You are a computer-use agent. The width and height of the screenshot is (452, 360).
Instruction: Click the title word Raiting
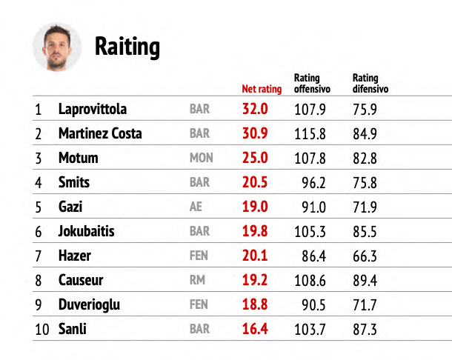pos(127,47)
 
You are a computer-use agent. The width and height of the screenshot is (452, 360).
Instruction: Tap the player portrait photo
pos(57,47)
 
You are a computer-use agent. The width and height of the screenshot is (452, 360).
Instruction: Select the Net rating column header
pos(262,89)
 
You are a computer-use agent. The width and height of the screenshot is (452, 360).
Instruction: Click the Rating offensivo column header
pos(312,83)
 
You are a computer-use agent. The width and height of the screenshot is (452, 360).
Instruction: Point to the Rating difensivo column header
pos(370,83)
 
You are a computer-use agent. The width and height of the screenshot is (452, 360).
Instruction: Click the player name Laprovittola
pos(93,109)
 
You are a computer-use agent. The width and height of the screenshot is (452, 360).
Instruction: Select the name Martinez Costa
pos(100,133)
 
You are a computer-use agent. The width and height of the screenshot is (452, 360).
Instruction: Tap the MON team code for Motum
pos(202,158)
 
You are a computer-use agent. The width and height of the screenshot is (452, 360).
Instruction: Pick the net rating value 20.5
pos(255,182)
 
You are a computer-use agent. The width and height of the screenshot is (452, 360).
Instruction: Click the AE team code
pos(196,207)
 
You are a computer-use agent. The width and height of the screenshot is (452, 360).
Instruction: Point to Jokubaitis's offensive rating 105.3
pos(310,231)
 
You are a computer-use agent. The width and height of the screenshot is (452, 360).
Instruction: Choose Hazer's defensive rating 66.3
pos(365,256)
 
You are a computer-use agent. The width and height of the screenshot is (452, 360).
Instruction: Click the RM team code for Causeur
pos(197,280)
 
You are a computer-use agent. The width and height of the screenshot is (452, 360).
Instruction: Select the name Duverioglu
pos(89,305)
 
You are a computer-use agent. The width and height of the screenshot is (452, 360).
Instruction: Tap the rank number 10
pos(42,329)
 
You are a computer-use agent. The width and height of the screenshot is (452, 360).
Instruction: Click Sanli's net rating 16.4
pos(255,329)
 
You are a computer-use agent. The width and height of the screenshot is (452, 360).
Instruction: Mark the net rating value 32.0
pos(255,109)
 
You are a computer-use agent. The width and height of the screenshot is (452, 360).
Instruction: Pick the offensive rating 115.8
pos(310,134)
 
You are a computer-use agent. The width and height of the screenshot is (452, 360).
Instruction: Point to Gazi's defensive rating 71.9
pos(365,207)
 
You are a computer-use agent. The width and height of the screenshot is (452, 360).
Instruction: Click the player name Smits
pos(74,182)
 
